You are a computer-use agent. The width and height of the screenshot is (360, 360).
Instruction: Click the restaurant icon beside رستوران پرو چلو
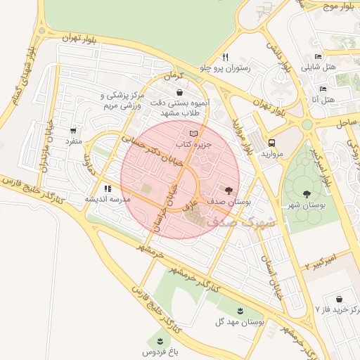[x=225, y=57]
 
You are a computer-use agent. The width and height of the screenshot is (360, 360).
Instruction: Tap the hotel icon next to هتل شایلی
[x=318, y=57]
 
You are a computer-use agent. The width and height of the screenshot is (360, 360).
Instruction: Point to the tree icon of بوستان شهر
[x=307, y=193]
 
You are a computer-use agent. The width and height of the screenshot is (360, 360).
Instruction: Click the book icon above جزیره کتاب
[x=194, y=133]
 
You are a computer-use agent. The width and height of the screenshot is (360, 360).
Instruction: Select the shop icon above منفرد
[x=73, y=130]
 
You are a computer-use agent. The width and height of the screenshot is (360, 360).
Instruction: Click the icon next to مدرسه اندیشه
[x=108, y=188]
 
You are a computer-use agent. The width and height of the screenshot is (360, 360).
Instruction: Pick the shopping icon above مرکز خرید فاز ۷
[x=340, y=299]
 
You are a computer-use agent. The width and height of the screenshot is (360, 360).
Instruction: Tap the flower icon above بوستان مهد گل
[x=240, y=310]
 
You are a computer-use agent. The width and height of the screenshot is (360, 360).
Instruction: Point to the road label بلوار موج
[x=338, y=7]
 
